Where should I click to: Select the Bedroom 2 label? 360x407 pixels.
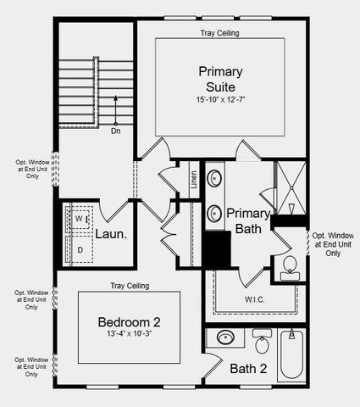click(129, 322)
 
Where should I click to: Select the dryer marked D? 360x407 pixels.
click(80, 249)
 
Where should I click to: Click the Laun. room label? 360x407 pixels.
click(111, 234)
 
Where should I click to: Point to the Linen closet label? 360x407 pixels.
click(193, 180)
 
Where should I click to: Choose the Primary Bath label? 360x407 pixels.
click(248, 221)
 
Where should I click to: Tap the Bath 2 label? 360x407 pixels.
click(248, 368)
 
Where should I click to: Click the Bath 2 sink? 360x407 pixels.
click(224, 338)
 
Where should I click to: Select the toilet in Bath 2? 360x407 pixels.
click(263, 344)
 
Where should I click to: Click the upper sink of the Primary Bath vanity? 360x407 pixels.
click(215, 180)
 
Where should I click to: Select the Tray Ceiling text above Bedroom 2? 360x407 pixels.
click(130, 286)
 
